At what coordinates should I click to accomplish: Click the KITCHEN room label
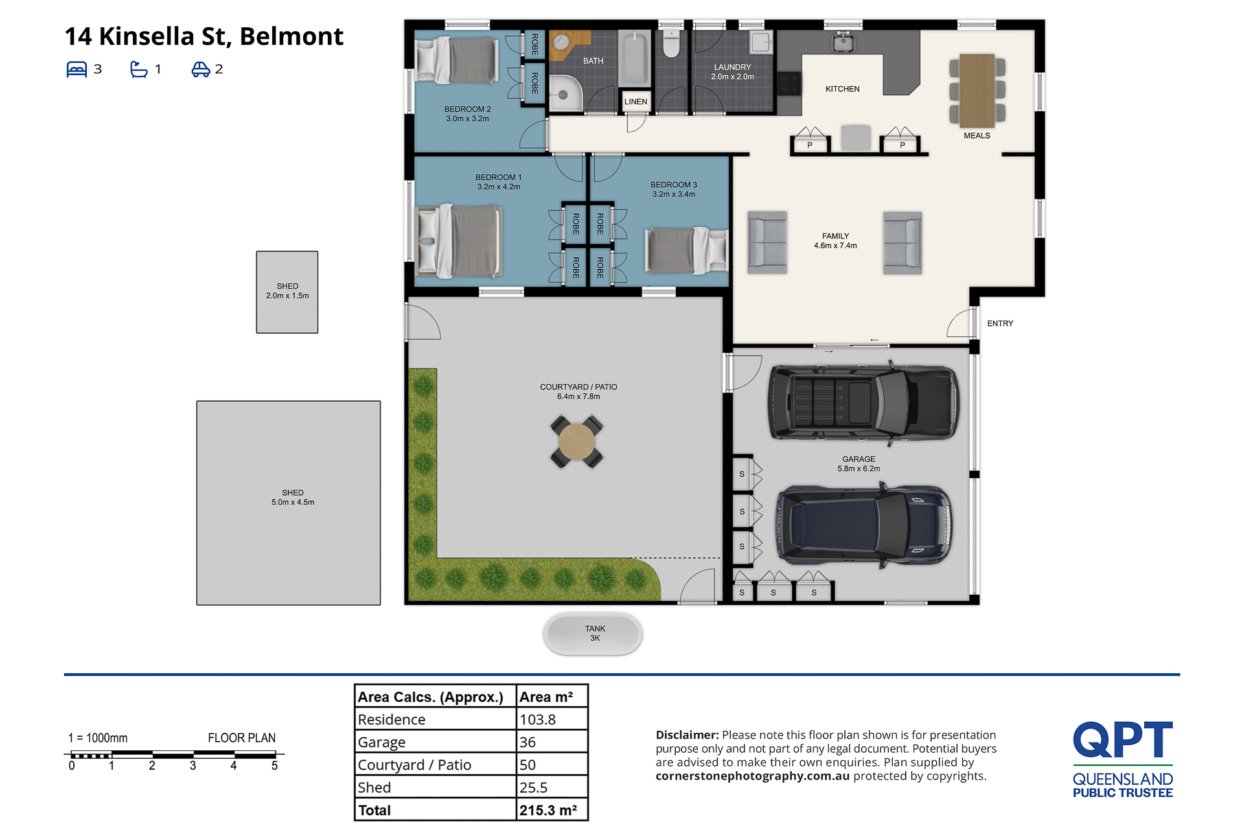[x=842, y=89]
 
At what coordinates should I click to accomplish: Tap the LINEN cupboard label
[x=636, y=102]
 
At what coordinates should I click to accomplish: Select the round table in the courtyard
[x=577, y=442]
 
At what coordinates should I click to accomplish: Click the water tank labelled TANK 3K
[x=593, y=634]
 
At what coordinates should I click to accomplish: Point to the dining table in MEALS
[x=977, y=91]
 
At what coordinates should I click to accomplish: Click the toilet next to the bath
[x=671, y=43]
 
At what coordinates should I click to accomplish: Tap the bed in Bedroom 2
[x=457, y=60]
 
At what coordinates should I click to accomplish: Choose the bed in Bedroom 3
[x=686, y=250]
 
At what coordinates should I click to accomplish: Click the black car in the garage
[x=862, y=402]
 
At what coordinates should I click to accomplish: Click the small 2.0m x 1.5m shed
[x=287, y=292]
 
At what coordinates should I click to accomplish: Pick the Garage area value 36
[x=527, y=743]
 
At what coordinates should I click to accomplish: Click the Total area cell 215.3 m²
[x=547, y=811]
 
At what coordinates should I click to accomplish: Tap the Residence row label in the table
[x=391, y=720]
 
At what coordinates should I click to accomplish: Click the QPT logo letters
[x=1123, y=739]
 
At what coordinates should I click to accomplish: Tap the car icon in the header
[x=200, y=69]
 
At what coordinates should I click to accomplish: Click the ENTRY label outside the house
[x=1000, y=323]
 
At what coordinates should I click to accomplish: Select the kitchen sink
[x=842, y=42]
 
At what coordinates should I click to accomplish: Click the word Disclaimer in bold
[x=687, y=735]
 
